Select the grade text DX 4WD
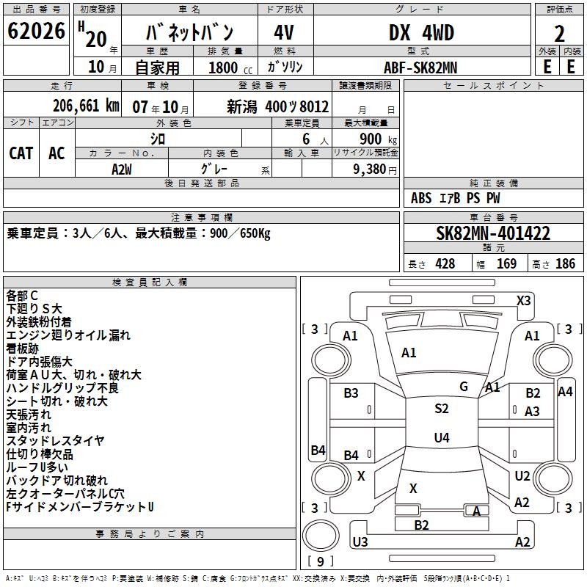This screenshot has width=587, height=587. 420,33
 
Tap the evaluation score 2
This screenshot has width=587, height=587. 559,34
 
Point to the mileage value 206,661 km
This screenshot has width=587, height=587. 85,106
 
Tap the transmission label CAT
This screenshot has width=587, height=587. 21,153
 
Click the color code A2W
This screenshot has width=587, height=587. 122,168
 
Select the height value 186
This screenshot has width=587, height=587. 565,264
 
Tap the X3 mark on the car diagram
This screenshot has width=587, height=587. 524,300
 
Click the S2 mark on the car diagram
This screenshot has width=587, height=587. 441,409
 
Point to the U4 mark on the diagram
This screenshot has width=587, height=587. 441,438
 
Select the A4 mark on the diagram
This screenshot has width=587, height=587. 564,392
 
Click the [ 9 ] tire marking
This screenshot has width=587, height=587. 320,561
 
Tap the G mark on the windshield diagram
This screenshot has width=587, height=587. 464,386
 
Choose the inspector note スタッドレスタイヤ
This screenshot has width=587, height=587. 55,441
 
